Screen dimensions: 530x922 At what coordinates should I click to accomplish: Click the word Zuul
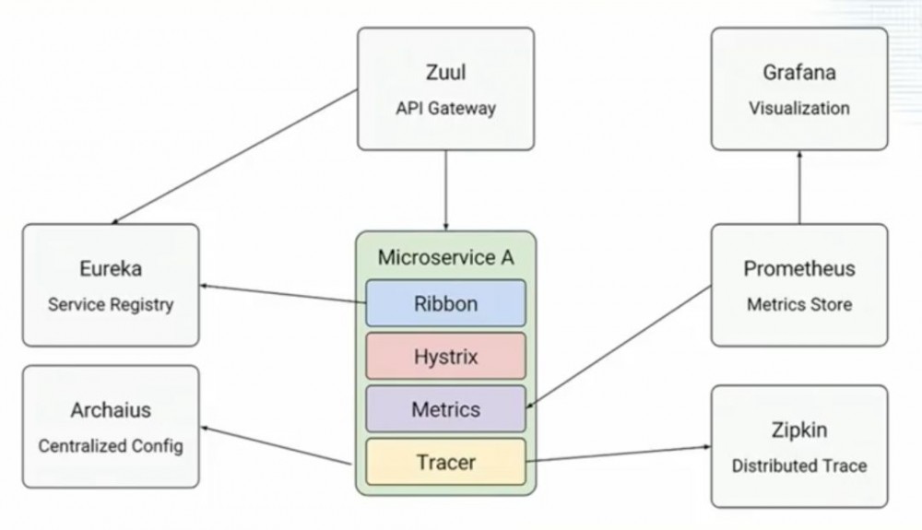pos(445,74)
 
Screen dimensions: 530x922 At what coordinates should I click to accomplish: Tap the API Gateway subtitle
pos(445,108)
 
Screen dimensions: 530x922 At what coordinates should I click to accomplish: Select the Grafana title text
pos(798,74)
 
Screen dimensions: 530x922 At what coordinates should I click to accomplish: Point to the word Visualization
pos(798,108)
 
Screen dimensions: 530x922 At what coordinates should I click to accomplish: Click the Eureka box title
pos(111,269)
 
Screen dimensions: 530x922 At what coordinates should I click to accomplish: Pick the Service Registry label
pos(111,303)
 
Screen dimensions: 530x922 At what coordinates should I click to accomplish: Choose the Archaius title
pos(111,410)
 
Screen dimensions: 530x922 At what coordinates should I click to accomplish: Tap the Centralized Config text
pos(111,445)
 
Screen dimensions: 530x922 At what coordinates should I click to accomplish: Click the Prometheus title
pos(798,269)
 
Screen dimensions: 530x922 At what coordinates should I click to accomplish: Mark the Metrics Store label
pos(798,303)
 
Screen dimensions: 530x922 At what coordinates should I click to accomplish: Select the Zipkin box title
pos(798,430)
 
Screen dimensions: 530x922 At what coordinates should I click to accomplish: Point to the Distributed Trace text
pos(798,465)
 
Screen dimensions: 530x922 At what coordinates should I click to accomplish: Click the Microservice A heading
pos(445,257)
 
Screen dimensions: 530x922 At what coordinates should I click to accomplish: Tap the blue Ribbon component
pos(445,303)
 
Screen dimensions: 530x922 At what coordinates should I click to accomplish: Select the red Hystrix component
pos(445,356)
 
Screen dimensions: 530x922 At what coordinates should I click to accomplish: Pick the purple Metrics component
pos(445,408)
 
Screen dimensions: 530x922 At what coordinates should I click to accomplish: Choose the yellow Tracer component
pos(445,461)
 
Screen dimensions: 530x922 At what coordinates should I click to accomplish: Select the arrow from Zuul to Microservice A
pos(446,190)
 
